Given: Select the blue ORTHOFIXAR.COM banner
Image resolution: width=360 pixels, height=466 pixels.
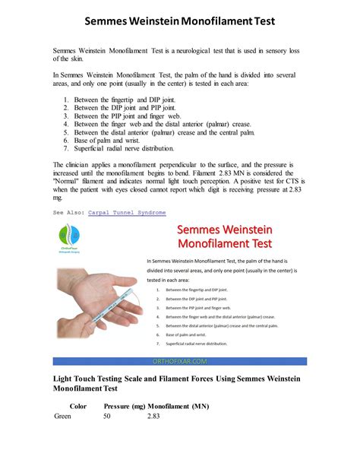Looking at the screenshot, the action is (180, 362).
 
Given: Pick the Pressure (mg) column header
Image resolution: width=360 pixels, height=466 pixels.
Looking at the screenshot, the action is (124, 406).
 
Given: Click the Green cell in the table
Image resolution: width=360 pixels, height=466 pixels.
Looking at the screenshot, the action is (65, 416).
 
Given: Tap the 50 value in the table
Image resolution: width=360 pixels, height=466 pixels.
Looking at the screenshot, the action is (107, 416).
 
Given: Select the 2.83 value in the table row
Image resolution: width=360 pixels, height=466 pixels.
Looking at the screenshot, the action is (153, 416).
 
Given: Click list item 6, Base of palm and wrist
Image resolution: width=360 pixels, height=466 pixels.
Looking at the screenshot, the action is (118, 140).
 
